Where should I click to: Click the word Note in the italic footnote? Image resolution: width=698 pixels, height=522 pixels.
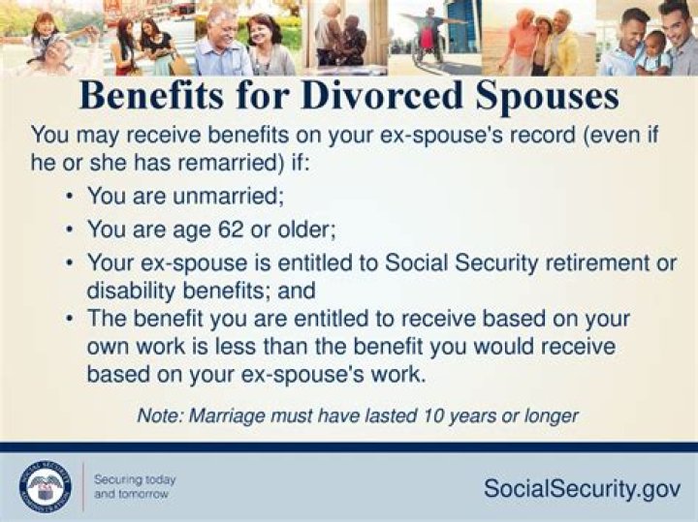[158, 415]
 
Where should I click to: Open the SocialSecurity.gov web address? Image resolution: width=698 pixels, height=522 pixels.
[582, 489]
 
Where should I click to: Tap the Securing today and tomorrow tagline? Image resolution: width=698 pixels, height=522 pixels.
[135, 486]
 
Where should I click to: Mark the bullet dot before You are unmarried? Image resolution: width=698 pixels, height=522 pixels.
[71, 197]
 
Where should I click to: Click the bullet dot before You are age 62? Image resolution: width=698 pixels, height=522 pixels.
[71, 230]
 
